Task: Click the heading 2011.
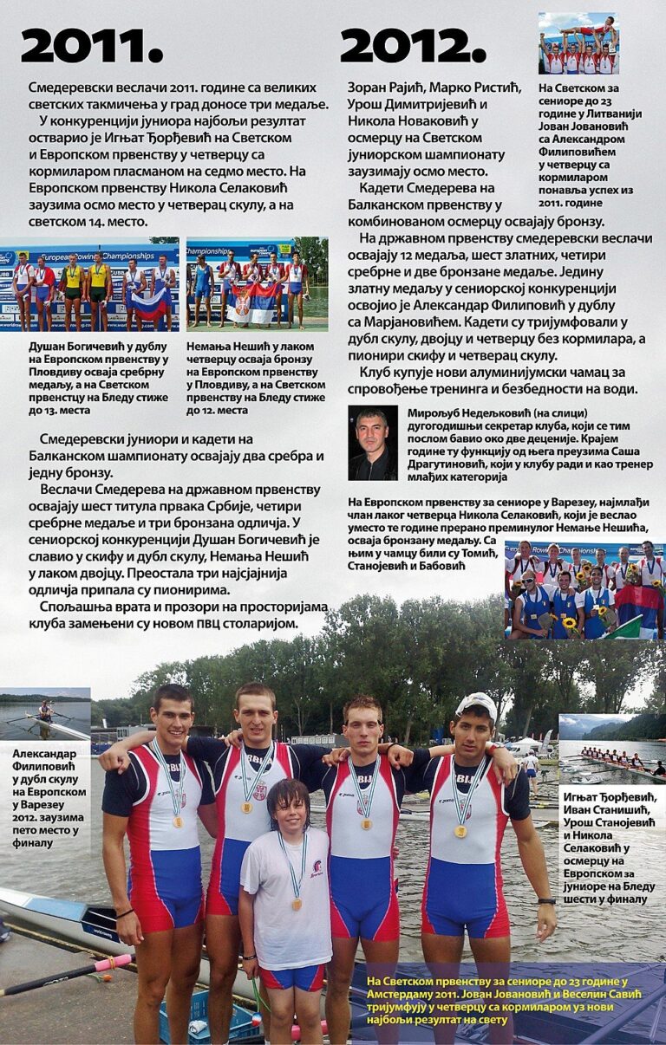(91, 46)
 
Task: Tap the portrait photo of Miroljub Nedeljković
(373, 443)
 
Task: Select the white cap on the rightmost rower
(478, 704)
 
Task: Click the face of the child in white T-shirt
(289, 808)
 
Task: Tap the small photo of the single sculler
(45, 715)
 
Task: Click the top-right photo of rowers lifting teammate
(578, 43)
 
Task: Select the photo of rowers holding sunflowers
(584, 589)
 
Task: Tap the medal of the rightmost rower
(461, 831)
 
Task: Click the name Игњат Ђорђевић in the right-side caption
(609, 797)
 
